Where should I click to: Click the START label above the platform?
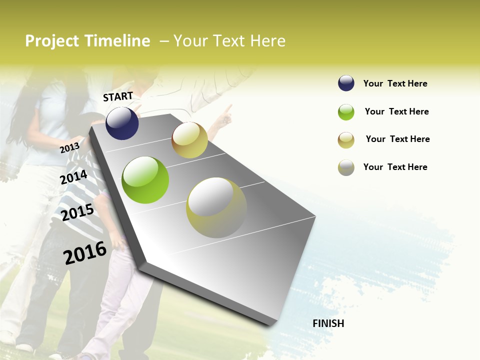pyautogui.click(x=118, y=96)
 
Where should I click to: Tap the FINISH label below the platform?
pyautogui.click(x=328, y=323)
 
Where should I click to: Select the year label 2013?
pyautogui.click(x=69, y=147)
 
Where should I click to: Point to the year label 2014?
pyautogui.click(x=74, y=177)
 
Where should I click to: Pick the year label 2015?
pyautogui.click(x=77, y=212)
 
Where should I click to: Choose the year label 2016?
pyautogui.click(x=85, y=252)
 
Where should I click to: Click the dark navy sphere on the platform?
pyautogui.click(x=122, y=123)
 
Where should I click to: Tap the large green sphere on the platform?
pyautogui.click(x=145, y=180)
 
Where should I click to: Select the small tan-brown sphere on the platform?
pyautogui.click(x=189, y=140)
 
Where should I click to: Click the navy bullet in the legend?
pyautogui.click(x=346, y=83)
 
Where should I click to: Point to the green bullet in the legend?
pyautogui.click(x=346, y=112)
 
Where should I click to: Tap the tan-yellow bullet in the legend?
pyautogui.click(x=346, y=140)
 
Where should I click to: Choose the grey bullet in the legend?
pyautogui.click(x=346, y=167)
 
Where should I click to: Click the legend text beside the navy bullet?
pyautogui.click(x=395, y=83)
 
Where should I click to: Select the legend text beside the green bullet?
pyautogui.click(x=396, y=111)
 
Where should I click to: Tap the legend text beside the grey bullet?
pyautogui.click(x=395, y=167)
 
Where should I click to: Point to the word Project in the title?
pyautogui.click(x=52, y=41)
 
